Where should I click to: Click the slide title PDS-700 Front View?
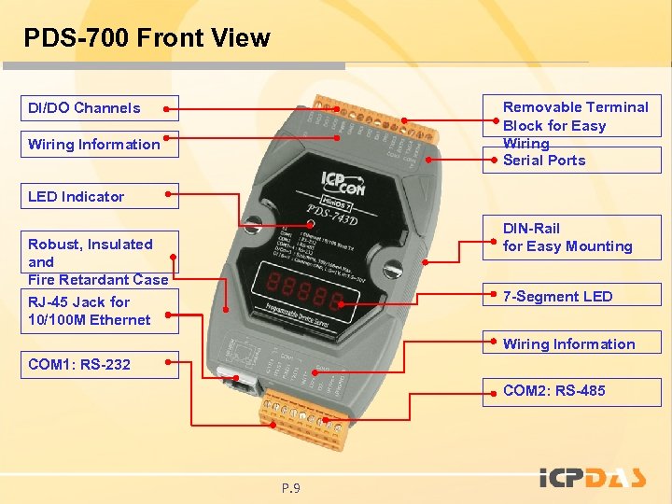(x=147, y=38)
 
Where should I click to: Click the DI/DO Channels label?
(x=84, y=108)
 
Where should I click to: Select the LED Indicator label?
(x=76, y=197)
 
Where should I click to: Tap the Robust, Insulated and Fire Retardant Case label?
(x=97, y=261)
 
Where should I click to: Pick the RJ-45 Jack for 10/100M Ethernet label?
(x=89, y=311)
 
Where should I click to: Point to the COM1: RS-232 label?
(x=79, y=364)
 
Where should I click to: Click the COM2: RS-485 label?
(x=553, y=391)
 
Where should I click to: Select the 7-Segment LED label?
(x=557, y=297)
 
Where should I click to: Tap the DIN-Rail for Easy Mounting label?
(x=567, y=237)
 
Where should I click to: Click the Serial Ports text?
(x=544, y=161)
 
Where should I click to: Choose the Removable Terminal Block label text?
(x=575, y=117)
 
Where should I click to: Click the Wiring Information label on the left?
(x=93, y=145)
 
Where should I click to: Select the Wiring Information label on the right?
(x=568, y=344)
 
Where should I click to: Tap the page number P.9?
(x=291, y=488)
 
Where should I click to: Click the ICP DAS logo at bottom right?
(x=593, y=478)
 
